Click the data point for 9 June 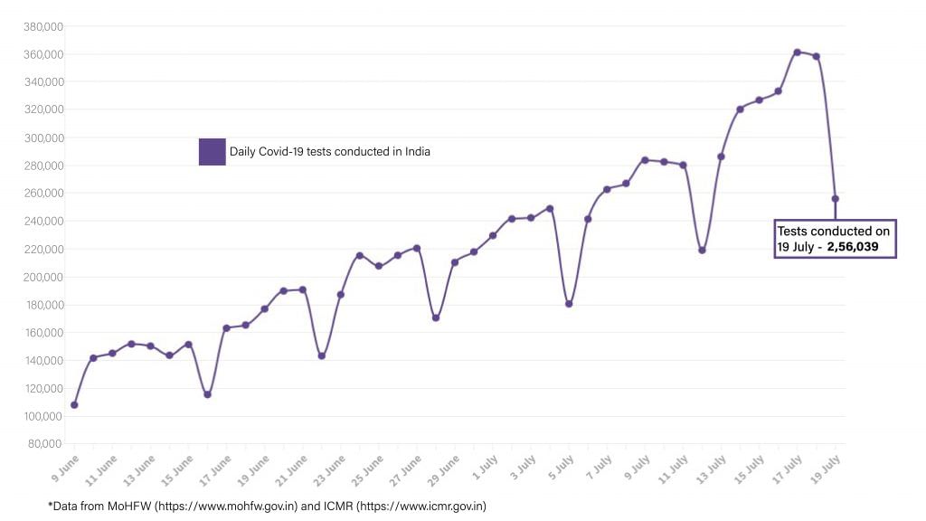pos(74,404)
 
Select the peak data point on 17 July pos(797,52)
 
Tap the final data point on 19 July pos(836,199)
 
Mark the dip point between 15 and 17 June pos(207,394)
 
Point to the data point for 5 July pos(569,304)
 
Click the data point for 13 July pos(721,156)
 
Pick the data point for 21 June pos(302,289)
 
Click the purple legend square pos(212,152)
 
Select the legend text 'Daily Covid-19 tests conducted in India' pos(329,152)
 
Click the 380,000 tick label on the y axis pos(43,26)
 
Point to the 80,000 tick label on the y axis pos(45,443)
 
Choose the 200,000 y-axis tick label pos(43,277)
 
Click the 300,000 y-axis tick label pos(43,137)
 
